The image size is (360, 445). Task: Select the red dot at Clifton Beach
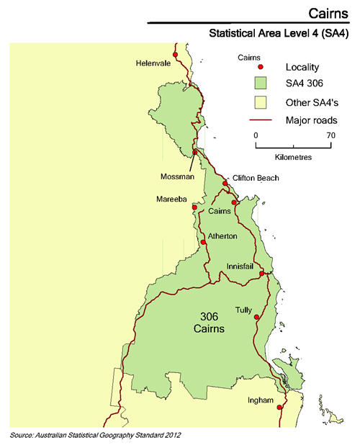coord(225,183)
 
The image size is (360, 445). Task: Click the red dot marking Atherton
coord(204,242)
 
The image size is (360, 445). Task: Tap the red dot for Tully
coord(258,316)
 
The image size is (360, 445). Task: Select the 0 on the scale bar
coord(256,135)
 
